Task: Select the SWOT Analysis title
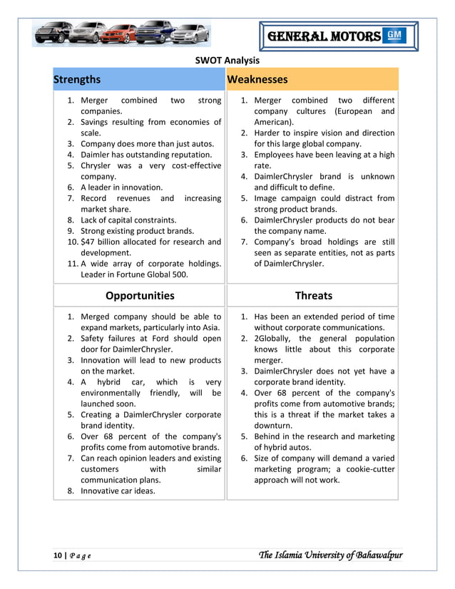227,61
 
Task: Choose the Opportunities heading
140,295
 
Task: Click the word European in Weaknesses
351,111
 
